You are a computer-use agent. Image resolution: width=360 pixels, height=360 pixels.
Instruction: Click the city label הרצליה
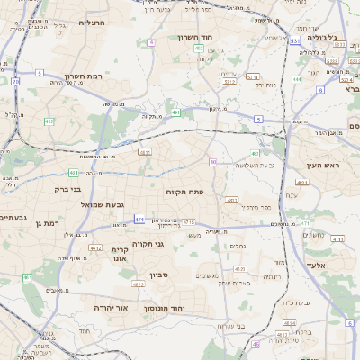click(x=93, y=22)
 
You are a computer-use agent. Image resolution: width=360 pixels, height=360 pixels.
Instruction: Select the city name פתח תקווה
click(x=186, y=193)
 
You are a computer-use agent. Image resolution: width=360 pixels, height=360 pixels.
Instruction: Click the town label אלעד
click(x=322, y=265)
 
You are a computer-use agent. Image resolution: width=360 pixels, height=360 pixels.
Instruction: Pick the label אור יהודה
click(x=112, y=308)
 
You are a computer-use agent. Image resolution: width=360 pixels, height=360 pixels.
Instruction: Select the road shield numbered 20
click(x=15, y=82)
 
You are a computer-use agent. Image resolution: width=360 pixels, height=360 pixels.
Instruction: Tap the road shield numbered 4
click(x=152, y=42)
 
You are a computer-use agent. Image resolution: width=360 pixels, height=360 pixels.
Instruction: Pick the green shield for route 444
click(x=296, y=79)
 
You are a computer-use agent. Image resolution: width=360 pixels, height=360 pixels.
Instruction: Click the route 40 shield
click(x=212, y=162)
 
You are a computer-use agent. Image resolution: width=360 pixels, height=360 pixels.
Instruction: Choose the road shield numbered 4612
click(x=95, y=247)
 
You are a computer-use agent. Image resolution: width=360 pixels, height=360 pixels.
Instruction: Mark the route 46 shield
click(x=256, y=344)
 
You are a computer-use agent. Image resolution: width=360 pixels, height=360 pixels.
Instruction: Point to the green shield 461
click(x=73, y=172)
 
